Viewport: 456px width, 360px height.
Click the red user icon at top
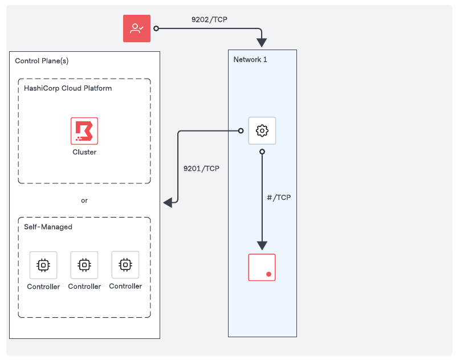coord(137,28)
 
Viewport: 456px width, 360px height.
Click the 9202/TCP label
coord(210,19)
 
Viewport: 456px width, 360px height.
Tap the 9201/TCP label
coord(201,169)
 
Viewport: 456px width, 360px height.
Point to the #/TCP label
coord(279,198)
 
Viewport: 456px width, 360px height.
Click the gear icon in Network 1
coord(262,131)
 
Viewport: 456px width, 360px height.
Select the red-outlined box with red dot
coord(262,267)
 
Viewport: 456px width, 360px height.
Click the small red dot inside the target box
coord(268,275)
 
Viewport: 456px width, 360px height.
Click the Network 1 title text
coord(250,60)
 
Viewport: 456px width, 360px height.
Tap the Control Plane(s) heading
coord(42,61)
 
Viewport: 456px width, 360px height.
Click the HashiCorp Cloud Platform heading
coord(68,88)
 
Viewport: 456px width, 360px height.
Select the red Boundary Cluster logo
coord(84,131)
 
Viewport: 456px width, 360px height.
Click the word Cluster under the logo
coord(84,152)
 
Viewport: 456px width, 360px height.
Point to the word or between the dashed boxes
coord(84,201)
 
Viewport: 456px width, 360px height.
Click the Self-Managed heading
coord(48,227)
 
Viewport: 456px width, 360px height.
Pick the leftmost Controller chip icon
coord(43,265)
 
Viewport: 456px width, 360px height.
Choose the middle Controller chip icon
coord(84,265)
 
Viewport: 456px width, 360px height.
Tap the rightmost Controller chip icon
coord(125,265)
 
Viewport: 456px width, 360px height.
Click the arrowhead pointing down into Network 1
coord(262,43)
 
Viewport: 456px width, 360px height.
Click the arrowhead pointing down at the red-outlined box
coord(262,246)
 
